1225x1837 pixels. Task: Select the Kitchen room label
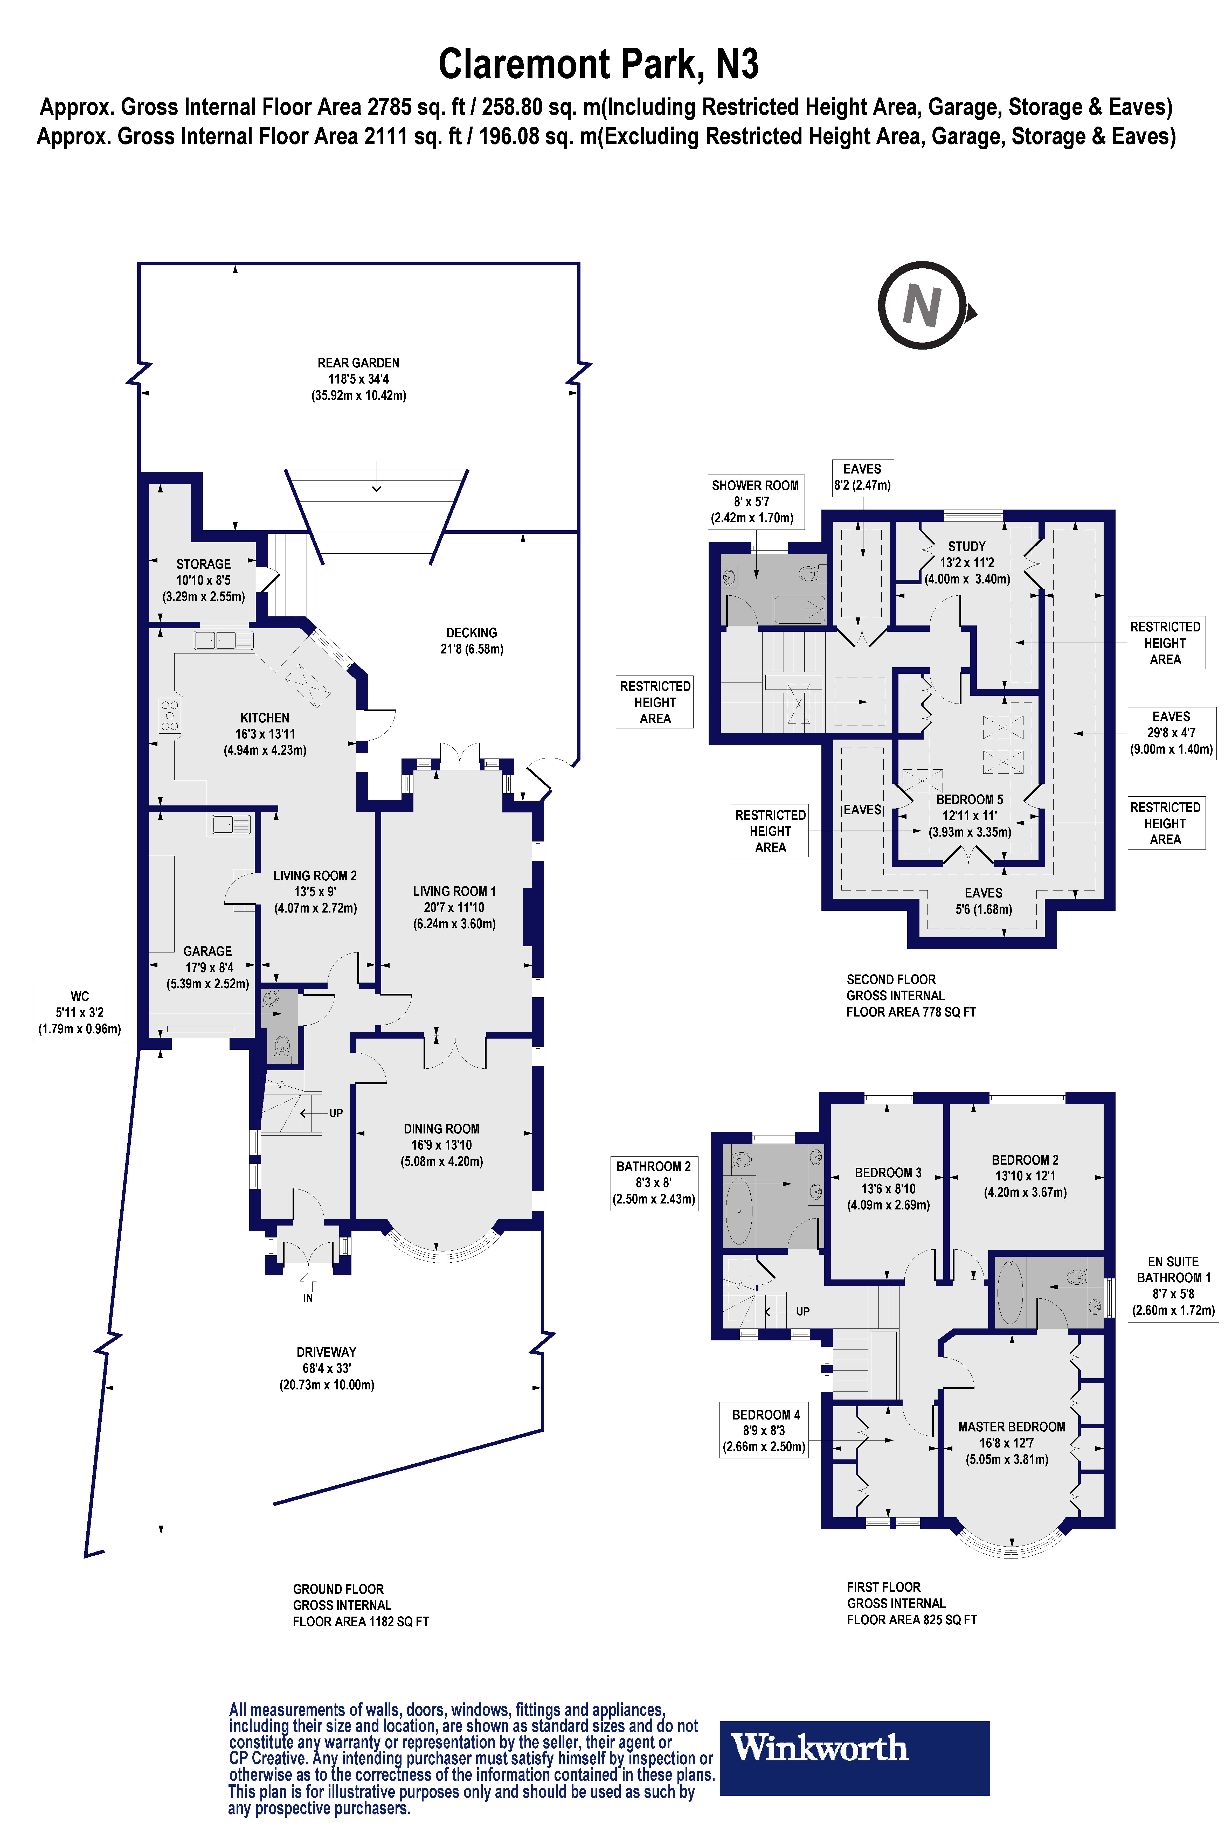pos(265,733)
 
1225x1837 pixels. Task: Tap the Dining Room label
pos(441,1145)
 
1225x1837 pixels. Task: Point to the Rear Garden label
pos(359,379)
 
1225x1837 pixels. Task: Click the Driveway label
pos(327,1368)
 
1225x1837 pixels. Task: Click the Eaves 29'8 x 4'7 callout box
pos(1171,733)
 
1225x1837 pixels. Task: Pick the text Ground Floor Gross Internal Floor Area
pos(360,1605)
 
